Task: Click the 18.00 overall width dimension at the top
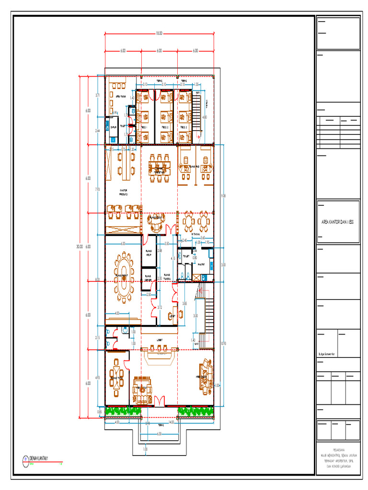pyautogui.click(x=159, y=33)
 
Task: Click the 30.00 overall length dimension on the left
pyautogui.click(x=80, y=246)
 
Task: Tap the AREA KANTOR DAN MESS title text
pyautogui.click(x=339, y=223)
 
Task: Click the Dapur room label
pyautogui.click(x=113, y=127)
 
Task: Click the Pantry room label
pyautogui.click(x=201, y=263)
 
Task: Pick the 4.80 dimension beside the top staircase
pyautogui.click(x=205, y=117)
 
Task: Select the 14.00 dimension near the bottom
pyautogui.click(x=171, y=422)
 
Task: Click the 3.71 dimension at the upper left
pyautogui.click(x=97, y=95)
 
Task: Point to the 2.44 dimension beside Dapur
pyautogui.click(x=97, y=130)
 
